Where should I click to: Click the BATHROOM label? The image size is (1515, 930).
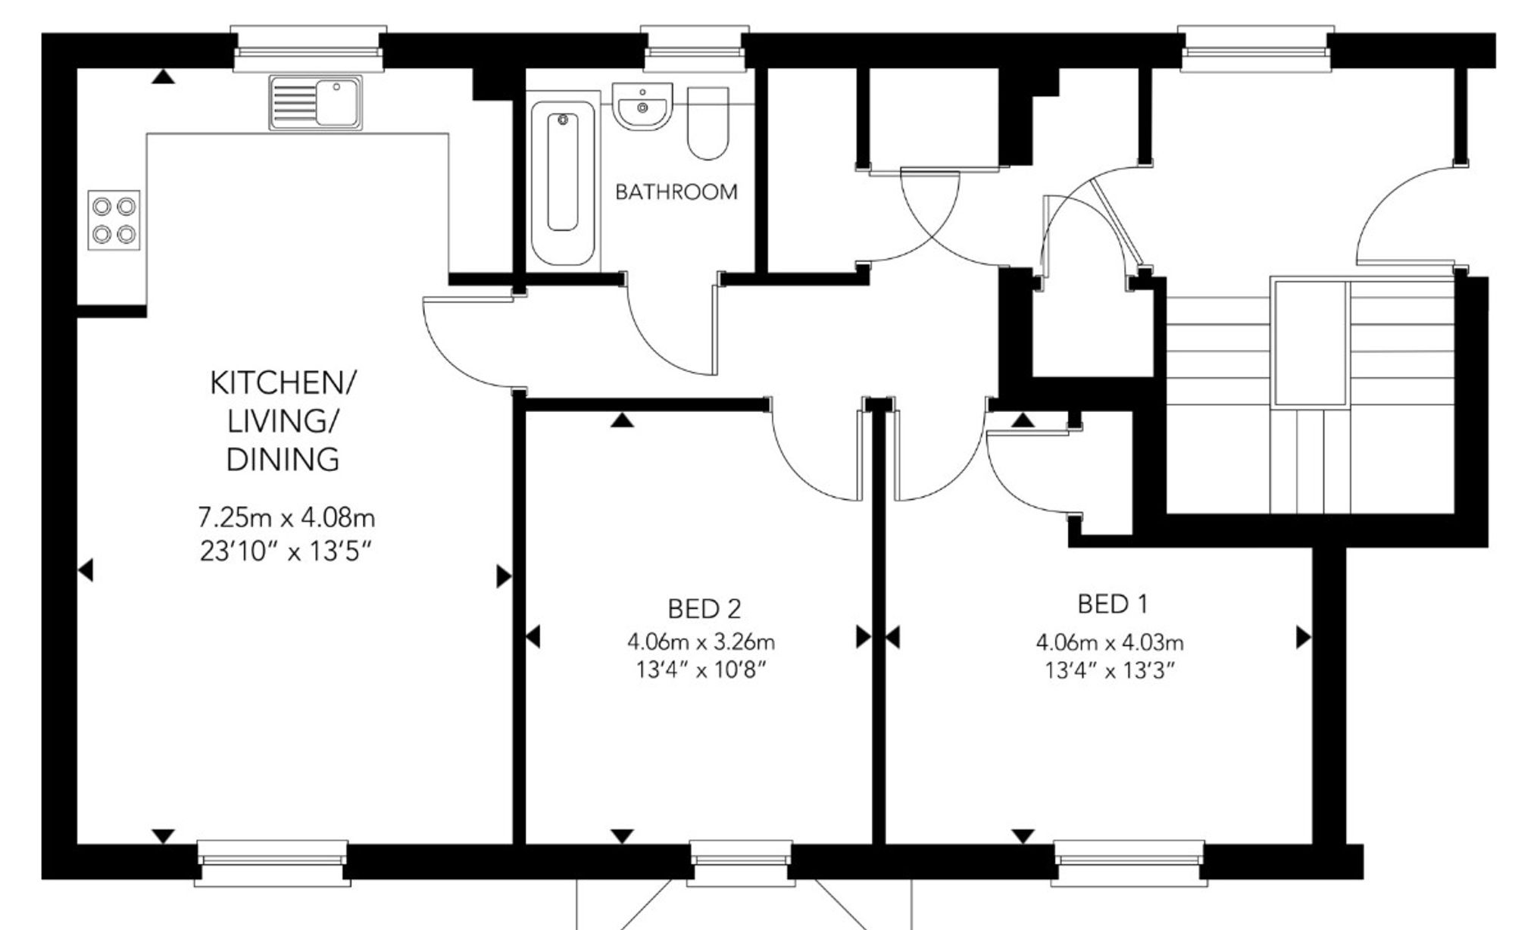[x=676, y=192]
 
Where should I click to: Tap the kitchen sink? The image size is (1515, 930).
[x=315, y=102]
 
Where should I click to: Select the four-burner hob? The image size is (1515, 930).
[x=114, y=220]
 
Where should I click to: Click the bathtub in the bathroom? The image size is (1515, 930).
[x=562, y=183]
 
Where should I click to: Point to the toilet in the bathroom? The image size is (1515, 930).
[x=708, y=123]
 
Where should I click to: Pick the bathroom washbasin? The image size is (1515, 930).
[x=642, y=106]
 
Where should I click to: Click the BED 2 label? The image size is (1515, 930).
[x=704, y=609]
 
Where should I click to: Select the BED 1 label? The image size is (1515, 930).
[x=1112, y=604]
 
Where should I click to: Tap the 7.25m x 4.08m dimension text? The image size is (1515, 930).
[x=286, y=518]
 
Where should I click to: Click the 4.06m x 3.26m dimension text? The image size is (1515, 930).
[x=701, y=642]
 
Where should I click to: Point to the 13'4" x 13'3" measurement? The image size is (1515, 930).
[x=1110, y=671]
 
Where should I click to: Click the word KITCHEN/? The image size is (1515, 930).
[x=282, y=383]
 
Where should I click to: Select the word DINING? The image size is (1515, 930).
[x=283, y=460]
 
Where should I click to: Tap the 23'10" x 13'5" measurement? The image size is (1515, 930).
[x=287, y=551]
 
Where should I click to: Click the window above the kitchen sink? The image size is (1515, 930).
[x=308, y=49]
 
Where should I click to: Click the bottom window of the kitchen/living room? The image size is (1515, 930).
[x=273, y=863]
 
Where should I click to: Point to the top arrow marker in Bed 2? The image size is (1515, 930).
[x=622, y=420]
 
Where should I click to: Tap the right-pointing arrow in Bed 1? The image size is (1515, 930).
[x=1304, y=638]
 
